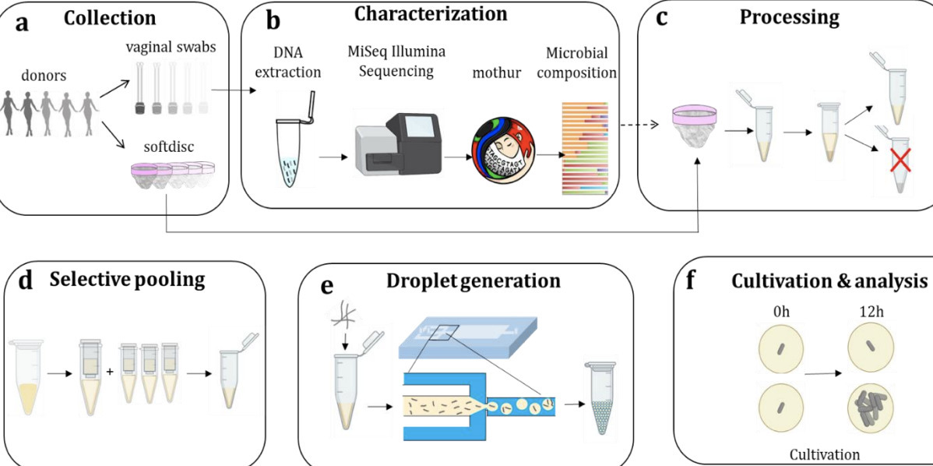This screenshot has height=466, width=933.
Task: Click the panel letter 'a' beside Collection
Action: [x=23, y=21]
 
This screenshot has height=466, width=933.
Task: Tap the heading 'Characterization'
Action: [x=430, y=14]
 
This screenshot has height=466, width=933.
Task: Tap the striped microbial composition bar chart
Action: [x=585, y=148]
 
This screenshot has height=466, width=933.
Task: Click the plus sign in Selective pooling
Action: [x=110, y=372]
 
